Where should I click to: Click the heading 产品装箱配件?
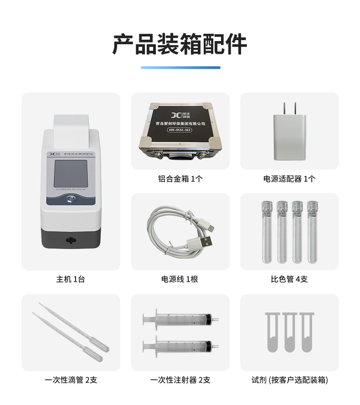[180, 44]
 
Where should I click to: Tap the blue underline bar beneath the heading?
[180, 67]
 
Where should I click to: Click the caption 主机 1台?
[71, 279]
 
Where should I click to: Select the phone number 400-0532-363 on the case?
[180, 130]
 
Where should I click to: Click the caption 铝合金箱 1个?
[180, 179]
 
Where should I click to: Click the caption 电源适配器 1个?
[289, 179]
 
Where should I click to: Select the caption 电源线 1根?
[180, 279]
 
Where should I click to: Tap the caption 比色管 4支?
[289, 279]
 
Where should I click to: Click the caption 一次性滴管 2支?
[71, 379]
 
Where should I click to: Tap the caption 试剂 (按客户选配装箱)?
[289, 379]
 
